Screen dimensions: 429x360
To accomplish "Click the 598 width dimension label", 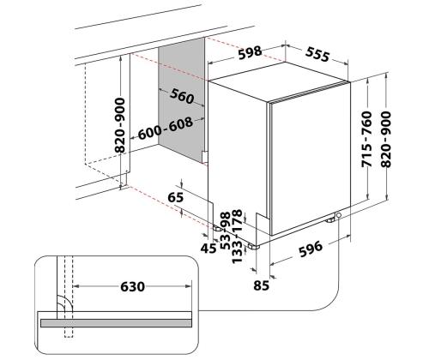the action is point(250,52).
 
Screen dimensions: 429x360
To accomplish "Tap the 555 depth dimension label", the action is point(317,54).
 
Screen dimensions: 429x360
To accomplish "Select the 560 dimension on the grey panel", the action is point(182,96).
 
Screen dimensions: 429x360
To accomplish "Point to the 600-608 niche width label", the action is point(166,129).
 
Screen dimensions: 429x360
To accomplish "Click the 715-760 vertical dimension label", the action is point(366,139).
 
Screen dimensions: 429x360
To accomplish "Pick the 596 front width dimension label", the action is point(311,249).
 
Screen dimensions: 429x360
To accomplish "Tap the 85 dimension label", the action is point(261,285).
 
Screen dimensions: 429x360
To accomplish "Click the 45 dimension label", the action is point(208,249).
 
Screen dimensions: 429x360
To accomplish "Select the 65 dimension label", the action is point(175,197).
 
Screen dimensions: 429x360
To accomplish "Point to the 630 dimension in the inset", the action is point(132,286).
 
